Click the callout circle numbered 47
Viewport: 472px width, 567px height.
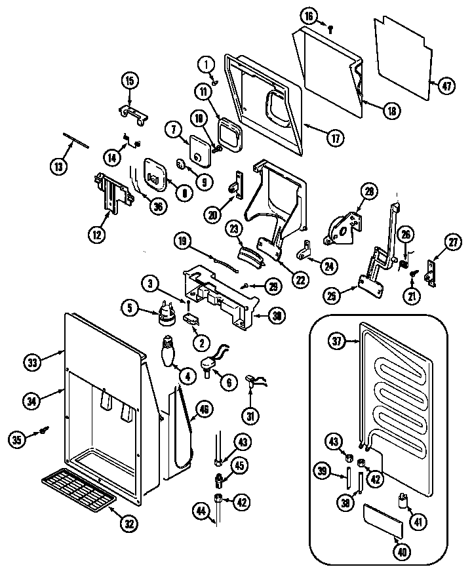446,86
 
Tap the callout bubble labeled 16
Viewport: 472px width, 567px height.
309,16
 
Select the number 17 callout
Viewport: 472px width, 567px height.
335,139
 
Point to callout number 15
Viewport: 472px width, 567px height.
129,81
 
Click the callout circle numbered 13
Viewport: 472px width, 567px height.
59,166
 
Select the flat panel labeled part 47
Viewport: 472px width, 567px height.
403,59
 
